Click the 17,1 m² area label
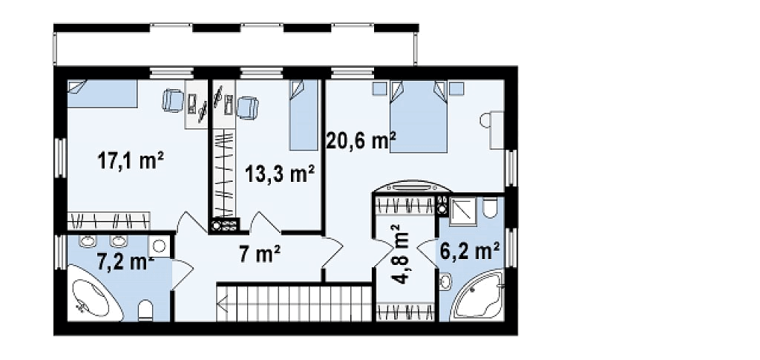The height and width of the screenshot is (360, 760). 131,161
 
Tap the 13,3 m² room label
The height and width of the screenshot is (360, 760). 280,174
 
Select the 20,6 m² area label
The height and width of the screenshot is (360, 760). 361,141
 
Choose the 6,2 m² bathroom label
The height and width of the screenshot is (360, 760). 470,252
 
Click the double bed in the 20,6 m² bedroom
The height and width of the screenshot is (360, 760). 418,117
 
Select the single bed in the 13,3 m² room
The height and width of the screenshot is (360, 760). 304,115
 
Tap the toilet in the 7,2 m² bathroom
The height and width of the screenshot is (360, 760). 146,310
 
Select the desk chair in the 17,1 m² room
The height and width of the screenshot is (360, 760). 172,101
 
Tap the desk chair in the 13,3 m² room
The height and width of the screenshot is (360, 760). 247,107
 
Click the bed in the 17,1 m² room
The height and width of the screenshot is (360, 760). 102,94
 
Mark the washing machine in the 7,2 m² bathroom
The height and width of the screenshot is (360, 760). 159,246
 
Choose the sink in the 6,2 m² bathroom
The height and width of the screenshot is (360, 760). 446,281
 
